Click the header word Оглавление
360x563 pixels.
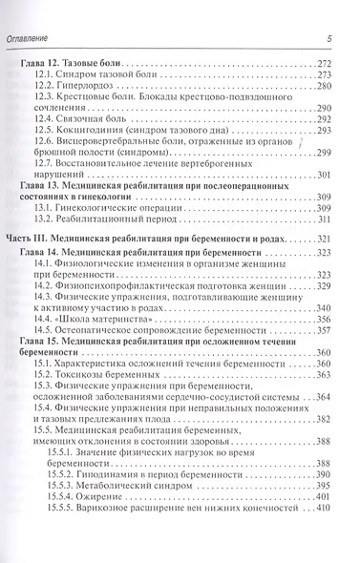pos(40,37)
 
